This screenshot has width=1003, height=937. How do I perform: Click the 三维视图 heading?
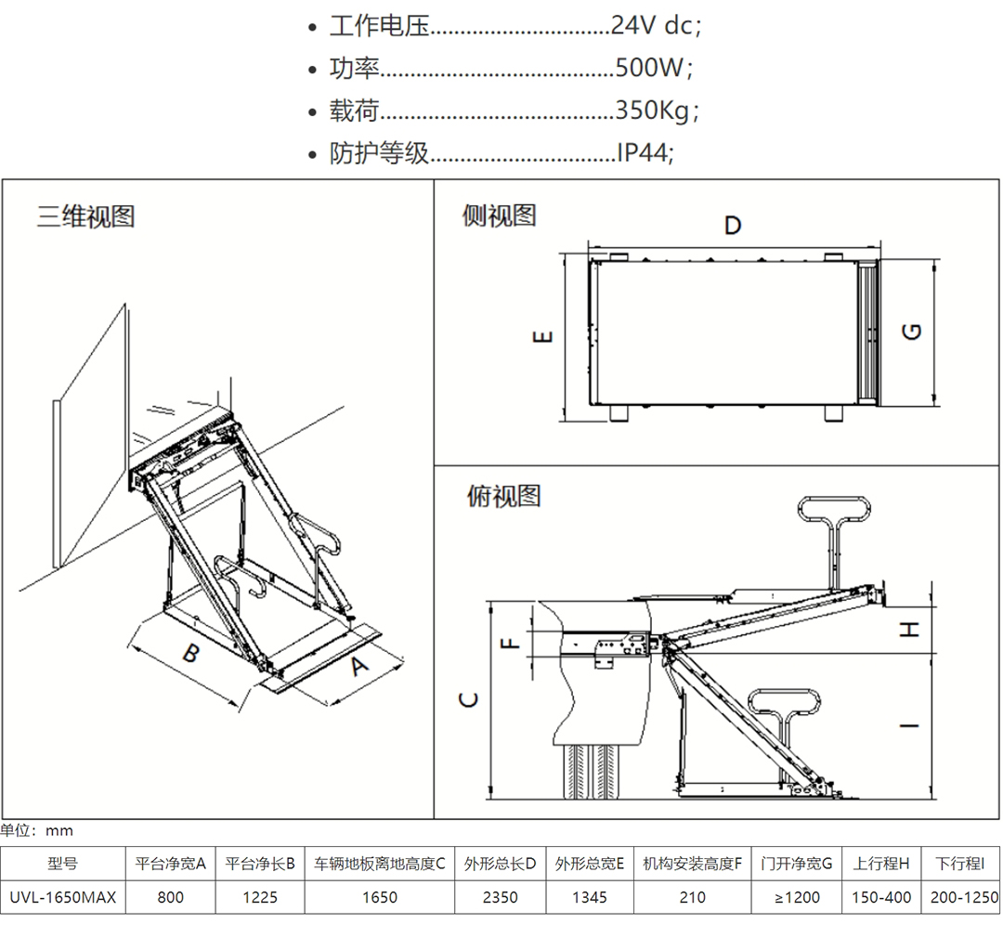[86, 216]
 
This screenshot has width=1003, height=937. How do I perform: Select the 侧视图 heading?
[500, 215]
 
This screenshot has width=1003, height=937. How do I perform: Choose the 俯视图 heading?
[502, 496]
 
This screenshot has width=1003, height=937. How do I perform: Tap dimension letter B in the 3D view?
[189, 653]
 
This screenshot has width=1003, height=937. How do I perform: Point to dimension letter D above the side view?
[733, 226]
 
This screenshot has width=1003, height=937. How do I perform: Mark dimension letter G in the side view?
[913, 331]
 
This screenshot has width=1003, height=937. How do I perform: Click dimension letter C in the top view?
[470, 698]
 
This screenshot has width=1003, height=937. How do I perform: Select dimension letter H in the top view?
[911, 629]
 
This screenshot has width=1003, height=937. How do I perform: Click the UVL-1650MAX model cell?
[62, 897]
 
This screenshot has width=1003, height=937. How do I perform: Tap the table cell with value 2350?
[499, 897]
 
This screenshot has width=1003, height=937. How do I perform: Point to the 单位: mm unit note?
[37, 829]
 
